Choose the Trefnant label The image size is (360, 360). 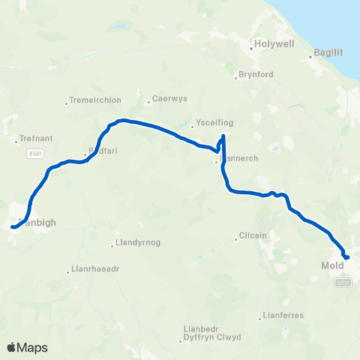(x=32, y=139)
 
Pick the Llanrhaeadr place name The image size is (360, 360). (x=91, y=269)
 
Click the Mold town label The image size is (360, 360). (x=331, y=265)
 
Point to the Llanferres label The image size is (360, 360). (x=283, y=315)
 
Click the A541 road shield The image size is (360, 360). (x=35, y=154)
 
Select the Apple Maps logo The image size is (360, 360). (x=27, y=347)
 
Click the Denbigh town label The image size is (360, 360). (x=32, y=223)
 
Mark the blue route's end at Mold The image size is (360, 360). (x=347, y=258)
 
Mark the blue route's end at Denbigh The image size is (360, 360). (x=13, y=226)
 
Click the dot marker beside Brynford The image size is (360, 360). (x=235, y=76)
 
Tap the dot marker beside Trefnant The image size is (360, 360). (x=16, y=139)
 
